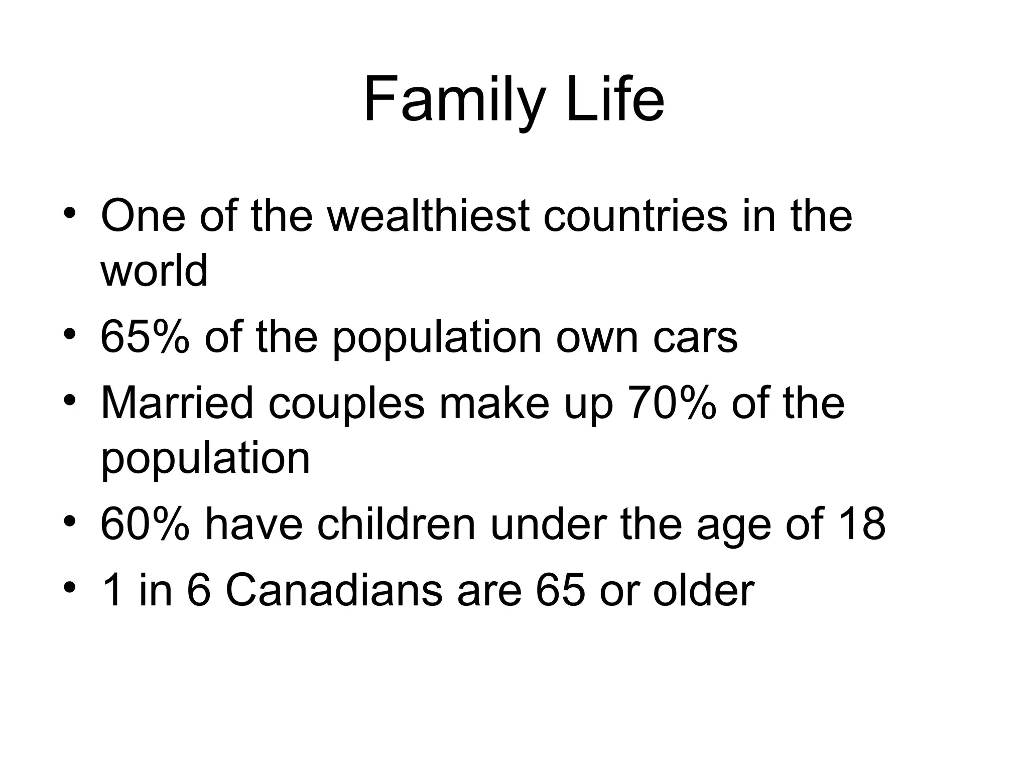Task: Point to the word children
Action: click(396, 524)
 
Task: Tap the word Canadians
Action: click(334, 590)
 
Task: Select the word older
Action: click(703, 590)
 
